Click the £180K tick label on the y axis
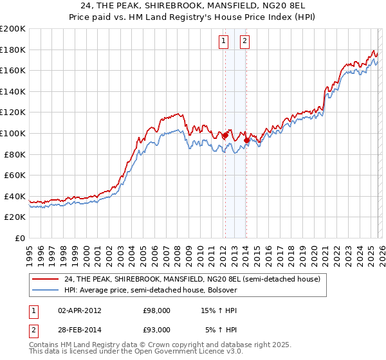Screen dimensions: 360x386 tap(13, 50)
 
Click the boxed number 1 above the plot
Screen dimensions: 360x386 tap(223, 41)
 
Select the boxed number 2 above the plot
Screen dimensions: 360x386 tap(245, 41)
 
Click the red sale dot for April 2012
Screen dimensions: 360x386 tap(225, 136)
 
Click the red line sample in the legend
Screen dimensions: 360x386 tap(46, 279)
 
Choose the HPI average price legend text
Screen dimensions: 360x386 tap(151, 290)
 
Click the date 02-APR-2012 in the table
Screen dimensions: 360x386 tap(79, 310)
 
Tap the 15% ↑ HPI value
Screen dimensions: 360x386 tap(219, 310)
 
